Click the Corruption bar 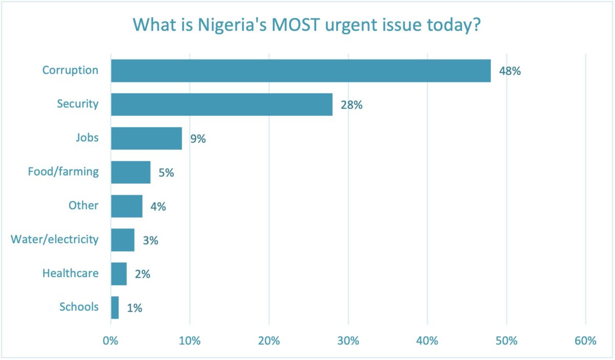tap(300, 71)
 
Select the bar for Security tap(221, 104)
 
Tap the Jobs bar tap(146, 138)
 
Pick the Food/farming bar tap(131, 172)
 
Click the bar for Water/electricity tap(122, 240)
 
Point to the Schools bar tap(115, 307)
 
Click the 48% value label tap(510, 71)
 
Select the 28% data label tap(352, 105)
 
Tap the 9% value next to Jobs tap(198, 139)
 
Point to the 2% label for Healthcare tap(142, 274)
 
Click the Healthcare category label tap(70, 273)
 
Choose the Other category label tap(84, 205)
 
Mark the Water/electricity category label tap(54, 239)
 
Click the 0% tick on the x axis tap(111, 341)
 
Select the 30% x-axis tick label tap(348, 341)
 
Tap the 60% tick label tap(585, 341)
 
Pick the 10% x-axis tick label tap(190, 341)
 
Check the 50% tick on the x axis tap(506, 341)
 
